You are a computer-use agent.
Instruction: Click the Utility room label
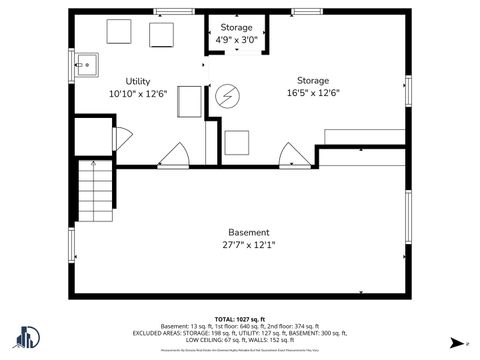click(x=138, y=81)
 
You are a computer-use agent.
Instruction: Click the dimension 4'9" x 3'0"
click(x=237, y=40)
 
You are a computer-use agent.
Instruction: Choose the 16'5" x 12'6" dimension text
click(x=312, y=92)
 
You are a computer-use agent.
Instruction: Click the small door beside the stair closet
click(x=121, y=139)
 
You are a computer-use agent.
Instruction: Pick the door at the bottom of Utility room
click(x=174, y=155)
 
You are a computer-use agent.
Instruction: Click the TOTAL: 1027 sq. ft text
click(x=240, y=318)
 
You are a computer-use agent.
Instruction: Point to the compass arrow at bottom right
click(x=453, y=343)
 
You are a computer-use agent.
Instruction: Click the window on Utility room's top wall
click(x=173, y=11)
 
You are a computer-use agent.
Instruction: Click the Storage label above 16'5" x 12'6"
click(x=312, y=80)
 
